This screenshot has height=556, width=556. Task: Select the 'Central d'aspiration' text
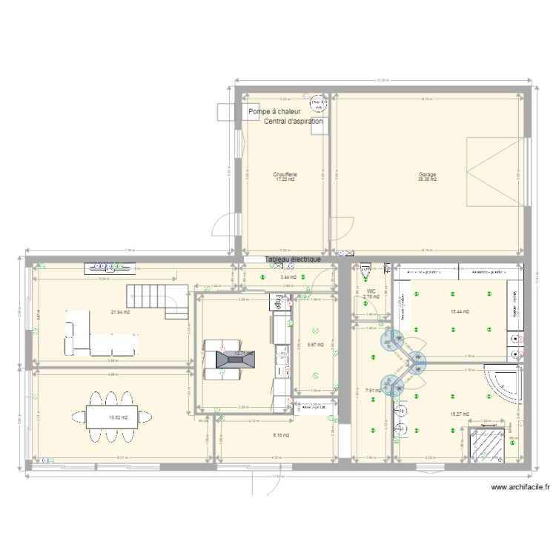(x=293, y=121)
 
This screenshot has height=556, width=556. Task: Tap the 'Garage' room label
(x=427, y=175)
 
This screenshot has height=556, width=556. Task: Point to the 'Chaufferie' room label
(x=285, y=175)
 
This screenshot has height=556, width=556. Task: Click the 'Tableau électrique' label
(x=293, y=259)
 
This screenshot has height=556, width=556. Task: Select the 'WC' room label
(x=371, y=292)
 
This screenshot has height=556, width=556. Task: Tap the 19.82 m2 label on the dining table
(x=119, y=417)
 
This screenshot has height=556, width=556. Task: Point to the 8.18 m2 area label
(x=280, y=435)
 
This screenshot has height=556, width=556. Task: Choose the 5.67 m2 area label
(x=315, y=344)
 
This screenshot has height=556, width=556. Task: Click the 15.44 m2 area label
(x=460, y=312)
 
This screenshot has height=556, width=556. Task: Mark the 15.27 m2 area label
(x=460, y=414)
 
